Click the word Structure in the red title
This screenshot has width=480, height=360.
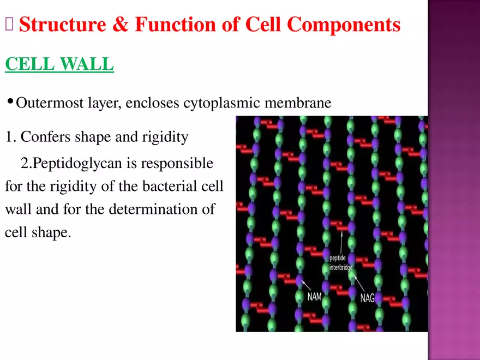click(x=62, y=24)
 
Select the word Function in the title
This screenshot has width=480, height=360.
click(x=176, y=24)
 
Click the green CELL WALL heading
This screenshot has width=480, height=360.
click(x=59, y=64)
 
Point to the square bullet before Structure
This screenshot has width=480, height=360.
click(x=9, y=24)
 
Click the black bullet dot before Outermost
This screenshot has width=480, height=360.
click(x=10, y=100)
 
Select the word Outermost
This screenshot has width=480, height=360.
click(x=50, y=103)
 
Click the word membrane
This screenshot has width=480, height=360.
click(x=298, y=103)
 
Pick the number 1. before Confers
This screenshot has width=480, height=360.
click(x=11, y=136)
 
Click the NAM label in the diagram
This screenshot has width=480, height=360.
click(x=314, y=297)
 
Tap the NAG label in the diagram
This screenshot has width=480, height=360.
click(x=367, y=298)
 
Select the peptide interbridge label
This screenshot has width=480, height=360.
click(x=341, y=263)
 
